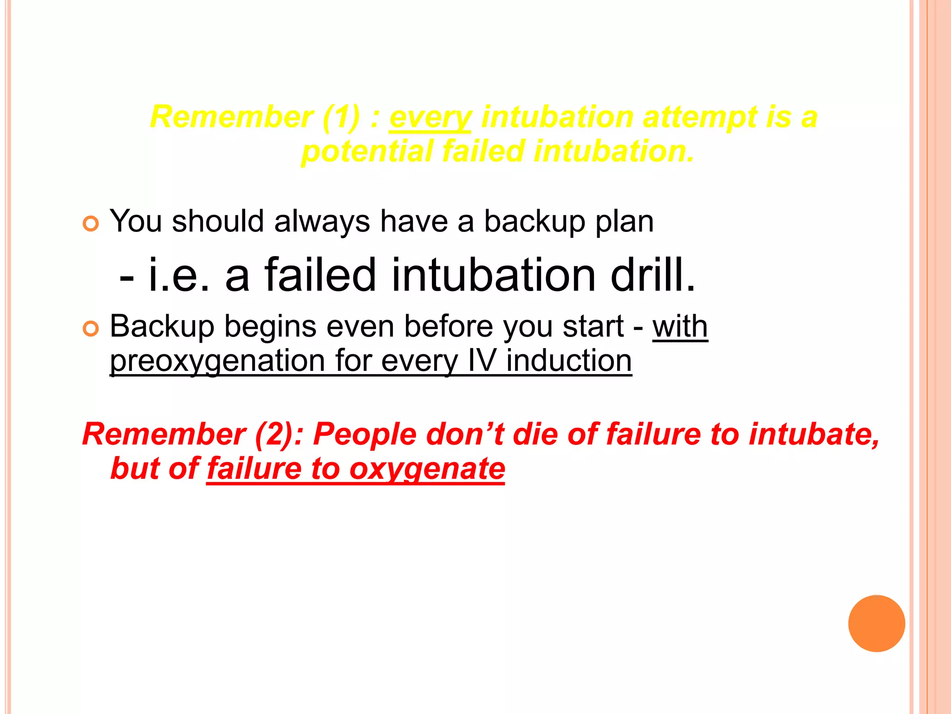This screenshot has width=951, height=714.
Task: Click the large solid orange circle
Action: click(x=876, y=623)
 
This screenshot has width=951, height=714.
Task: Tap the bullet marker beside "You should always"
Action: click(x=91, y=224)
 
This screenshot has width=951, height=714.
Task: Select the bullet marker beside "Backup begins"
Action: click(x=91, y=329)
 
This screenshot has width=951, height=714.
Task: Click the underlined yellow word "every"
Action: click(x=430, y=117)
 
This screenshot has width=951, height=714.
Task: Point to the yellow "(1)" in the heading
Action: click(x=341, y=117)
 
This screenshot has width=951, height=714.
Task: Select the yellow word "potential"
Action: click(x=367, y=152)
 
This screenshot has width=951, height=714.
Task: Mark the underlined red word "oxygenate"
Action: click(x=427, y=469)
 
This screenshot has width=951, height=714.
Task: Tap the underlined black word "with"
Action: click(x=680, y=326)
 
